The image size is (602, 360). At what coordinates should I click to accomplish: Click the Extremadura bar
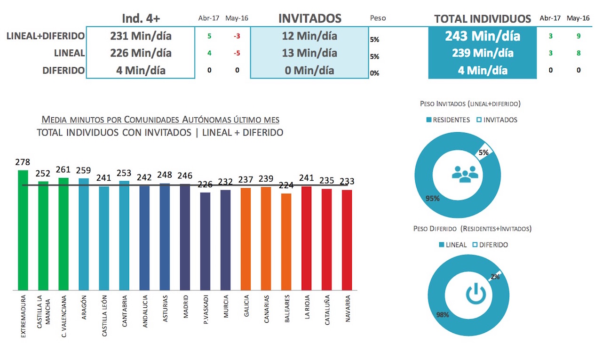(x=23, y=230)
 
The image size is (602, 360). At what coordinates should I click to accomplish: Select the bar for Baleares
(x=286, y=242)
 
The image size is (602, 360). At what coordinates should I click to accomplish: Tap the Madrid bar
(x=185, y=237)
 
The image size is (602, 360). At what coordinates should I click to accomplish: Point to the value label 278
(x=23, y=162)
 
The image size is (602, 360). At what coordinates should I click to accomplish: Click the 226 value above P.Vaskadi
(x=205, y=184)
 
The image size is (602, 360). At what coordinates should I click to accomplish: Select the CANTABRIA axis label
(x=124, y=311)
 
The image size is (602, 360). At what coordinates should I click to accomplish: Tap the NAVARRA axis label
(x=348, y=308)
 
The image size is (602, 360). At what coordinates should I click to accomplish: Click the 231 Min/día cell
(x=141, y=36)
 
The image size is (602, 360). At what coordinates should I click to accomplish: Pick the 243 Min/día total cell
(x=483, y=36)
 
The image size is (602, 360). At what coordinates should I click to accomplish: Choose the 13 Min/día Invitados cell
(x=309, y=53)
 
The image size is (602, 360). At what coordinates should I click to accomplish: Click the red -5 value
(x=237, y=53)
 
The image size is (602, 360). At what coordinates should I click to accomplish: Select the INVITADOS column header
(x=309, y=18)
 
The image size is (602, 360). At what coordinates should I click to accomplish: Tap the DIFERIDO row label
(x=63, y=71)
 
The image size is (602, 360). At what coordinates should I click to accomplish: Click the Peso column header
(x=378, y=18)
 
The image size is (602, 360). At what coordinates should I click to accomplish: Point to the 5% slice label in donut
(x=483, y=153)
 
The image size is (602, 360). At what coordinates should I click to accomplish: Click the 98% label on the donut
(x=443, y=314)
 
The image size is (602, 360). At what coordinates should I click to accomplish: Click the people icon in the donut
(x=465, y=174)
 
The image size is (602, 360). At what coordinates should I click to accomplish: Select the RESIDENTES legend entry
(x=448, y=120)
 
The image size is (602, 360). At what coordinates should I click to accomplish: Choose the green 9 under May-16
(x=578, y=36)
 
